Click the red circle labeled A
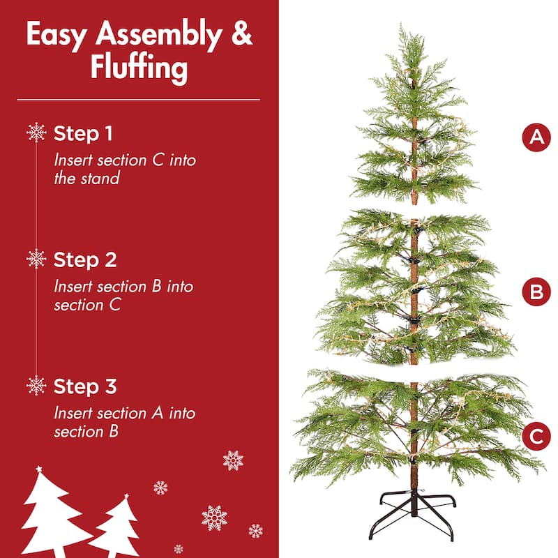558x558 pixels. (x=536, y=137)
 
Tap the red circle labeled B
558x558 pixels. (x=536, y=292)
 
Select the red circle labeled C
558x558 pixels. (x=536, y=437)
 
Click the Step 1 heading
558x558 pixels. (x=83, y=133)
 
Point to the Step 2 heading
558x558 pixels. (x=84, y=259)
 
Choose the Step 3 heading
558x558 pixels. (x=84, y=386)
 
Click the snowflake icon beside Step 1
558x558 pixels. (x=36, y=133)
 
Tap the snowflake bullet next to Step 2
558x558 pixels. (x=36, y=259)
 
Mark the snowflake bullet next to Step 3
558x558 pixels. (x=36, y=386)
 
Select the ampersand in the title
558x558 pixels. (x=241, y=33)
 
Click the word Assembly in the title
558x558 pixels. (x=158, y=35)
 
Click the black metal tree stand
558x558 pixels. (x=413, y=514)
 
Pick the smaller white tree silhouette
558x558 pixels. (x=116, y=527)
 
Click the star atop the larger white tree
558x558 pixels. (x=39, y=469)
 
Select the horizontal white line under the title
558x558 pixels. (x=138, y=100)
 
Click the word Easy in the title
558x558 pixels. (x=56, y=35)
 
